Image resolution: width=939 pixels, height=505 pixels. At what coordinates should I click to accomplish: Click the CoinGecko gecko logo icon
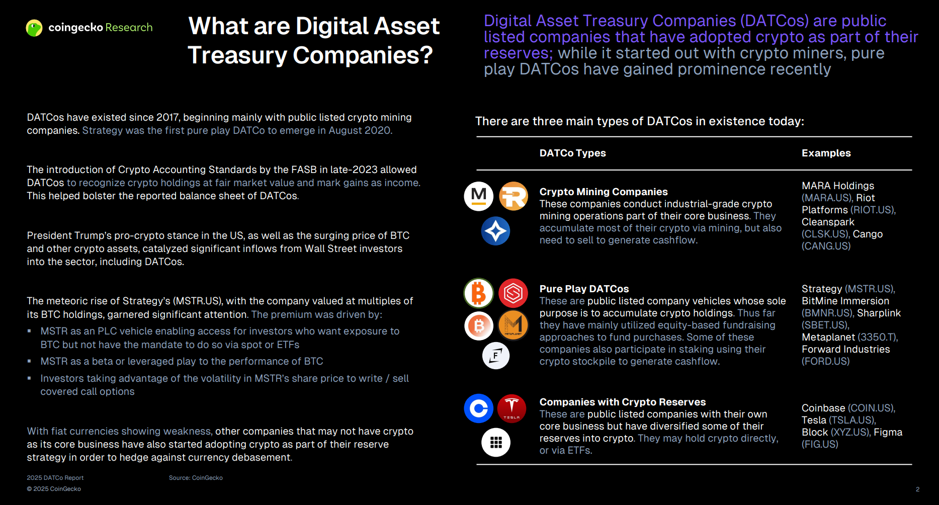(34, 28)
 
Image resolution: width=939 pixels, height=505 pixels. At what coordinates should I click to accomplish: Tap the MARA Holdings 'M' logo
(478, 196)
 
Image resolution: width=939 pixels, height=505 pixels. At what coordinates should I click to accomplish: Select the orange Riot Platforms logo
(514, 196)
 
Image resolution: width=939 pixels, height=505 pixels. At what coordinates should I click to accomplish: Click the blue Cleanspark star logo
(496, 231)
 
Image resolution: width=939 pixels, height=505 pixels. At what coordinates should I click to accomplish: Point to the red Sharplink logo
(514, 293)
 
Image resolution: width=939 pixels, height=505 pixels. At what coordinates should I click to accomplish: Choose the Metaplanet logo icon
(513, 325)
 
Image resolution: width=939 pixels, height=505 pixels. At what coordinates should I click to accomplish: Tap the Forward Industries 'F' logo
(496, 356)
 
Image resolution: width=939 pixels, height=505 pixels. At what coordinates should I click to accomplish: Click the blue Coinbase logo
(478, 408)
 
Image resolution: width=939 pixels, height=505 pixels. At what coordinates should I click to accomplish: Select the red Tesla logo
(512, 408)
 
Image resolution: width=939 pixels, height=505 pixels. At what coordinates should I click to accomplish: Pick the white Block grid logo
(496, 443)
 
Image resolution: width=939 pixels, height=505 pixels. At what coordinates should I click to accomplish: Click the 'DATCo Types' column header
(572, 153)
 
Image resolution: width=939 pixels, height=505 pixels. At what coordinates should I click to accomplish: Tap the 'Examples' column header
(826, 153)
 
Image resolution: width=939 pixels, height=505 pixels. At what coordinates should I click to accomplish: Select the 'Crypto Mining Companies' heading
(604, 192)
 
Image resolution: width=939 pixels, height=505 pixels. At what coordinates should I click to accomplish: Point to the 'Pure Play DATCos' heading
(584, 289)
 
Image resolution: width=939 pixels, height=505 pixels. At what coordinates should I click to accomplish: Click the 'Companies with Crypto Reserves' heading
(623, 402)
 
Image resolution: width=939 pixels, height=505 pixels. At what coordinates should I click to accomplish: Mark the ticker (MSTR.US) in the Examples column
(870, 289)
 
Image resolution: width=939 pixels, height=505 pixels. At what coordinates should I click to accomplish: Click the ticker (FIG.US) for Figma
(820, 444)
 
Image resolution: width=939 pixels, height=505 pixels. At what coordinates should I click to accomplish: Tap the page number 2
(917, 489)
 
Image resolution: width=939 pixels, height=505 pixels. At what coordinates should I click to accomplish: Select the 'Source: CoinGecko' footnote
(196, 478)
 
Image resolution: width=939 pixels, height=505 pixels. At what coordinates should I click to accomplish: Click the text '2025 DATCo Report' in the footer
(55, 478)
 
